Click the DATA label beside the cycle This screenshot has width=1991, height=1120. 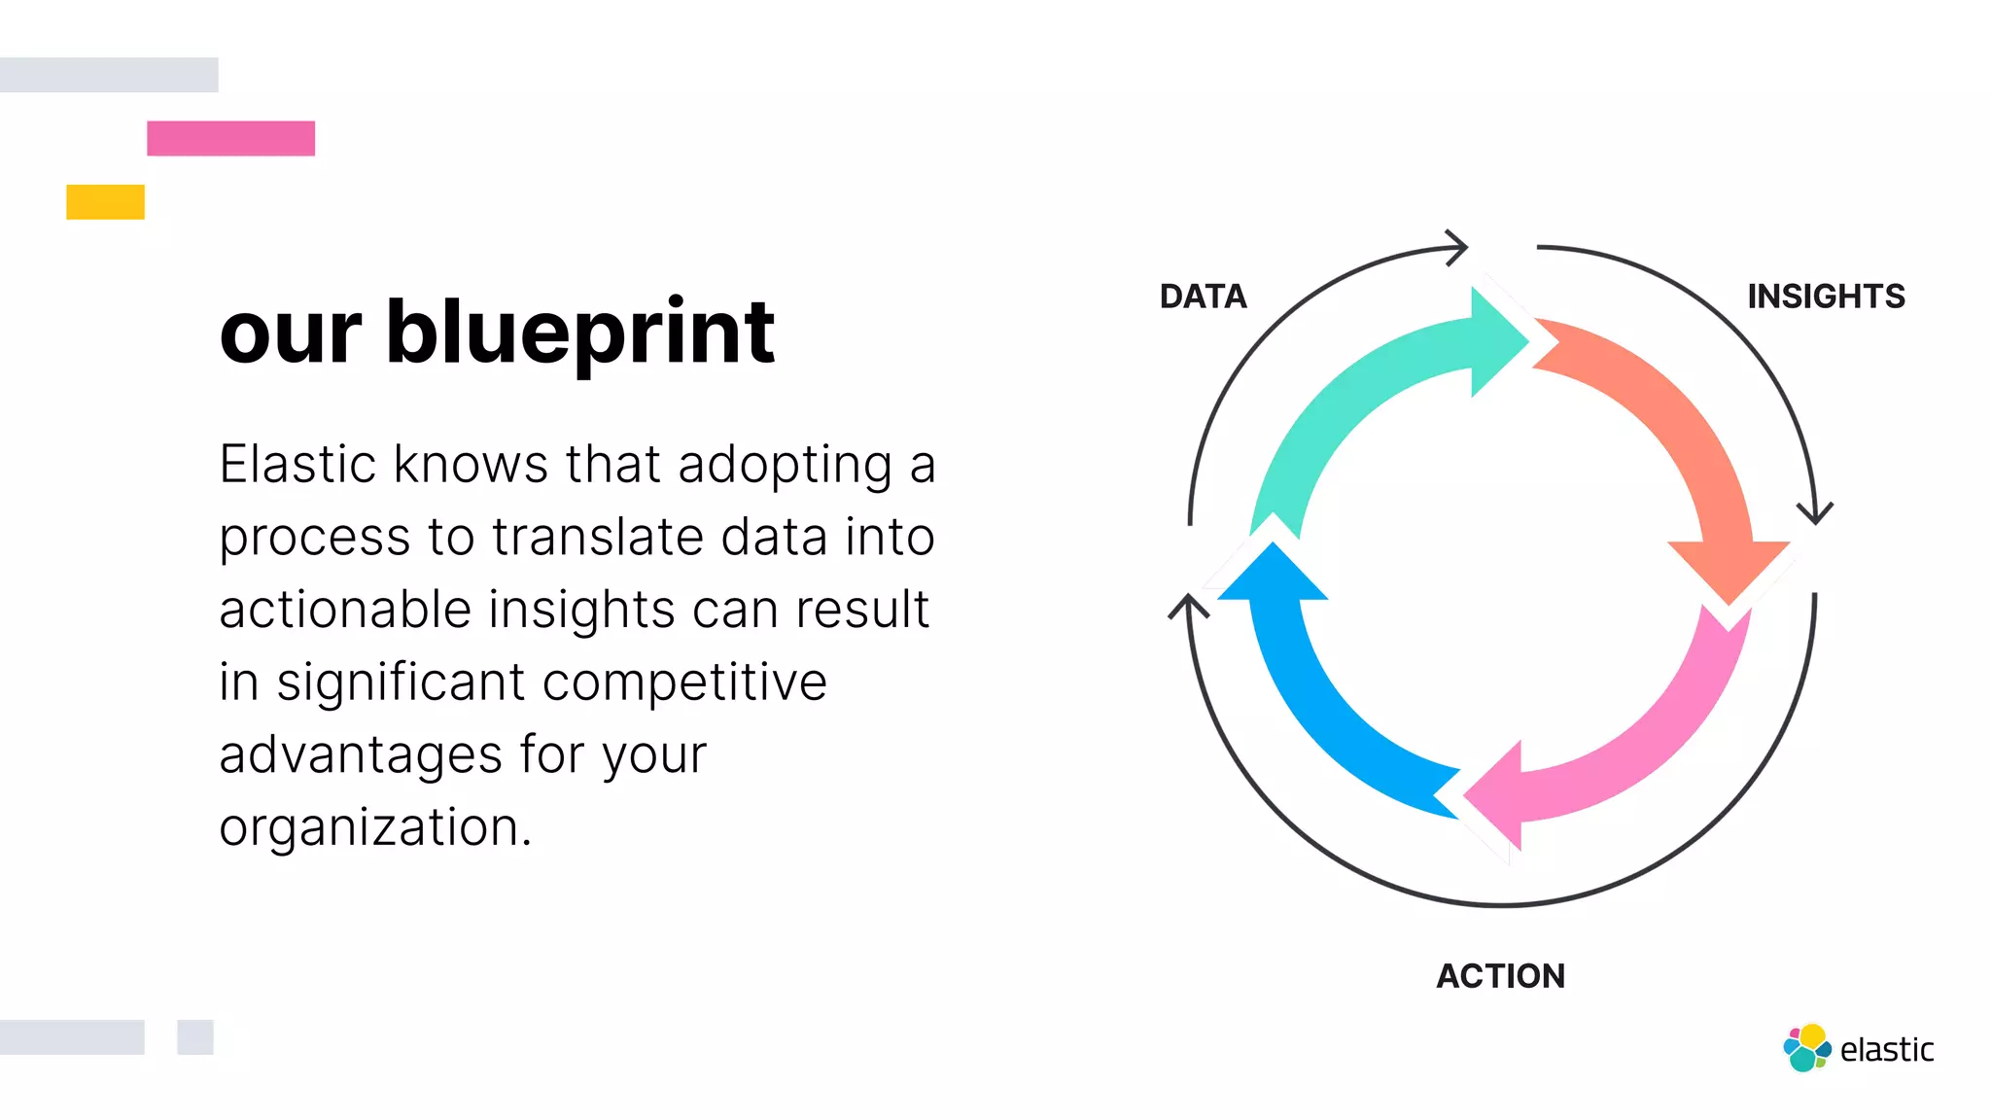[1203, 297]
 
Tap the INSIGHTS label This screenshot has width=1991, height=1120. [1826, 297]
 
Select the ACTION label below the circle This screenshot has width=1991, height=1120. [1501, 976]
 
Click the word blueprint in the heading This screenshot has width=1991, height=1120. [580, 333]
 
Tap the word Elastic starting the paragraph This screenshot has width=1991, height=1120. [297, 464]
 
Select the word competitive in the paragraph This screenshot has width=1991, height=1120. [684, 682]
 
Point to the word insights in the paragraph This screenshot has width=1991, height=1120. [581, 610]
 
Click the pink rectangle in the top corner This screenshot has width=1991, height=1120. [230, 138]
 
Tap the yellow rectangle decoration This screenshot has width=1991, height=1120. [105, 201]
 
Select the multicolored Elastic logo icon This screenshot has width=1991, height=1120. [1806, 1048]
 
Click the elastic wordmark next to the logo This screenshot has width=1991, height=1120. [1887, 1050]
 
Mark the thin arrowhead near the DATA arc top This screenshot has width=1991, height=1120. [1455, 247]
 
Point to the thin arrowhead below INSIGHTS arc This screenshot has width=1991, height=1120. [1815, 511]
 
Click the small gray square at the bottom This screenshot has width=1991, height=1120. [194, 1037]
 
